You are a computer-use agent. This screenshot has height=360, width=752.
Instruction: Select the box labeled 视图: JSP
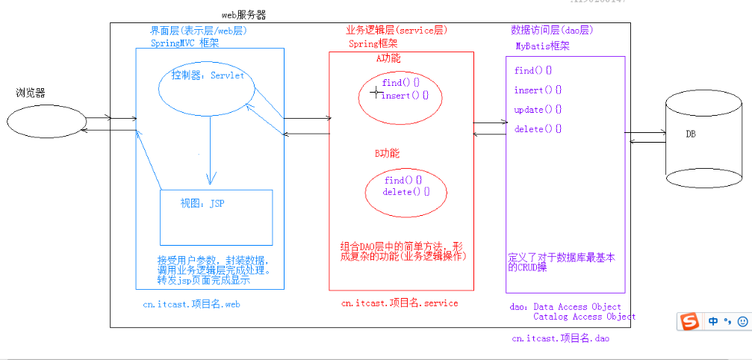click(x=216, y=217)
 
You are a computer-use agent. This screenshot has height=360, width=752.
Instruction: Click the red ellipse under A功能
click(x=400, y=96)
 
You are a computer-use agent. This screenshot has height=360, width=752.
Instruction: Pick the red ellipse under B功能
click(x=406, y=187)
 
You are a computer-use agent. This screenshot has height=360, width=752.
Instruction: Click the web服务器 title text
click(x=243, y=15)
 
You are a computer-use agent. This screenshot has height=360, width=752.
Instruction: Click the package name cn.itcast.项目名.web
click(x=191, y=305)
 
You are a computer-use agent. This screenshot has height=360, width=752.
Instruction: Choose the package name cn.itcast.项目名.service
click(x=400, y=303)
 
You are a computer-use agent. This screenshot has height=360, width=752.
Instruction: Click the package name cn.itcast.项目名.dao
click(x=560, y=339)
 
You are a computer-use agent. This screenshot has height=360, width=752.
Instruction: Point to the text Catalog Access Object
click(x=584, y=317)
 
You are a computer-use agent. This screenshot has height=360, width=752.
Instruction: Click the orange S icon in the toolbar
click(x=690, y=321)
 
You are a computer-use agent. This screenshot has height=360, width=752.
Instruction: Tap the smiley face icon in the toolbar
click(x=742, y=321)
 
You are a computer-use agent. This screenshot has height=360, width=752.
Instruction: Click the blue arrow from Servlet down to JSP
click(x=211, y=153)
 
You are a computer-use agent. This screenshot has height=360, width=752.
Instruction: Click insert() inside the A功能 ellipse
click(x=405, y=96)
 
